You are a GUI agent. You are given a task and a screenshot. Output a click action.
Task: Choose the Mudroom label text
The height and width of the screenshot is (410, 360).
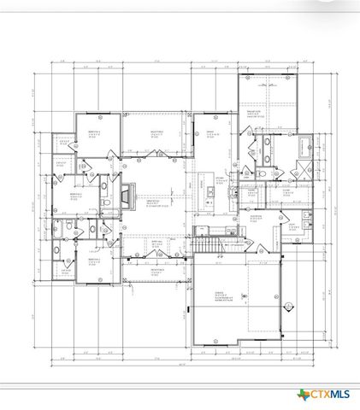pos(256,217)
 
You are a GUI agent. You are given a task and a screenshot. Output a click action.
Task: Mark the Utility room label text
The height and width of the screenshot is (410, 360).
pos(291,225)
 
